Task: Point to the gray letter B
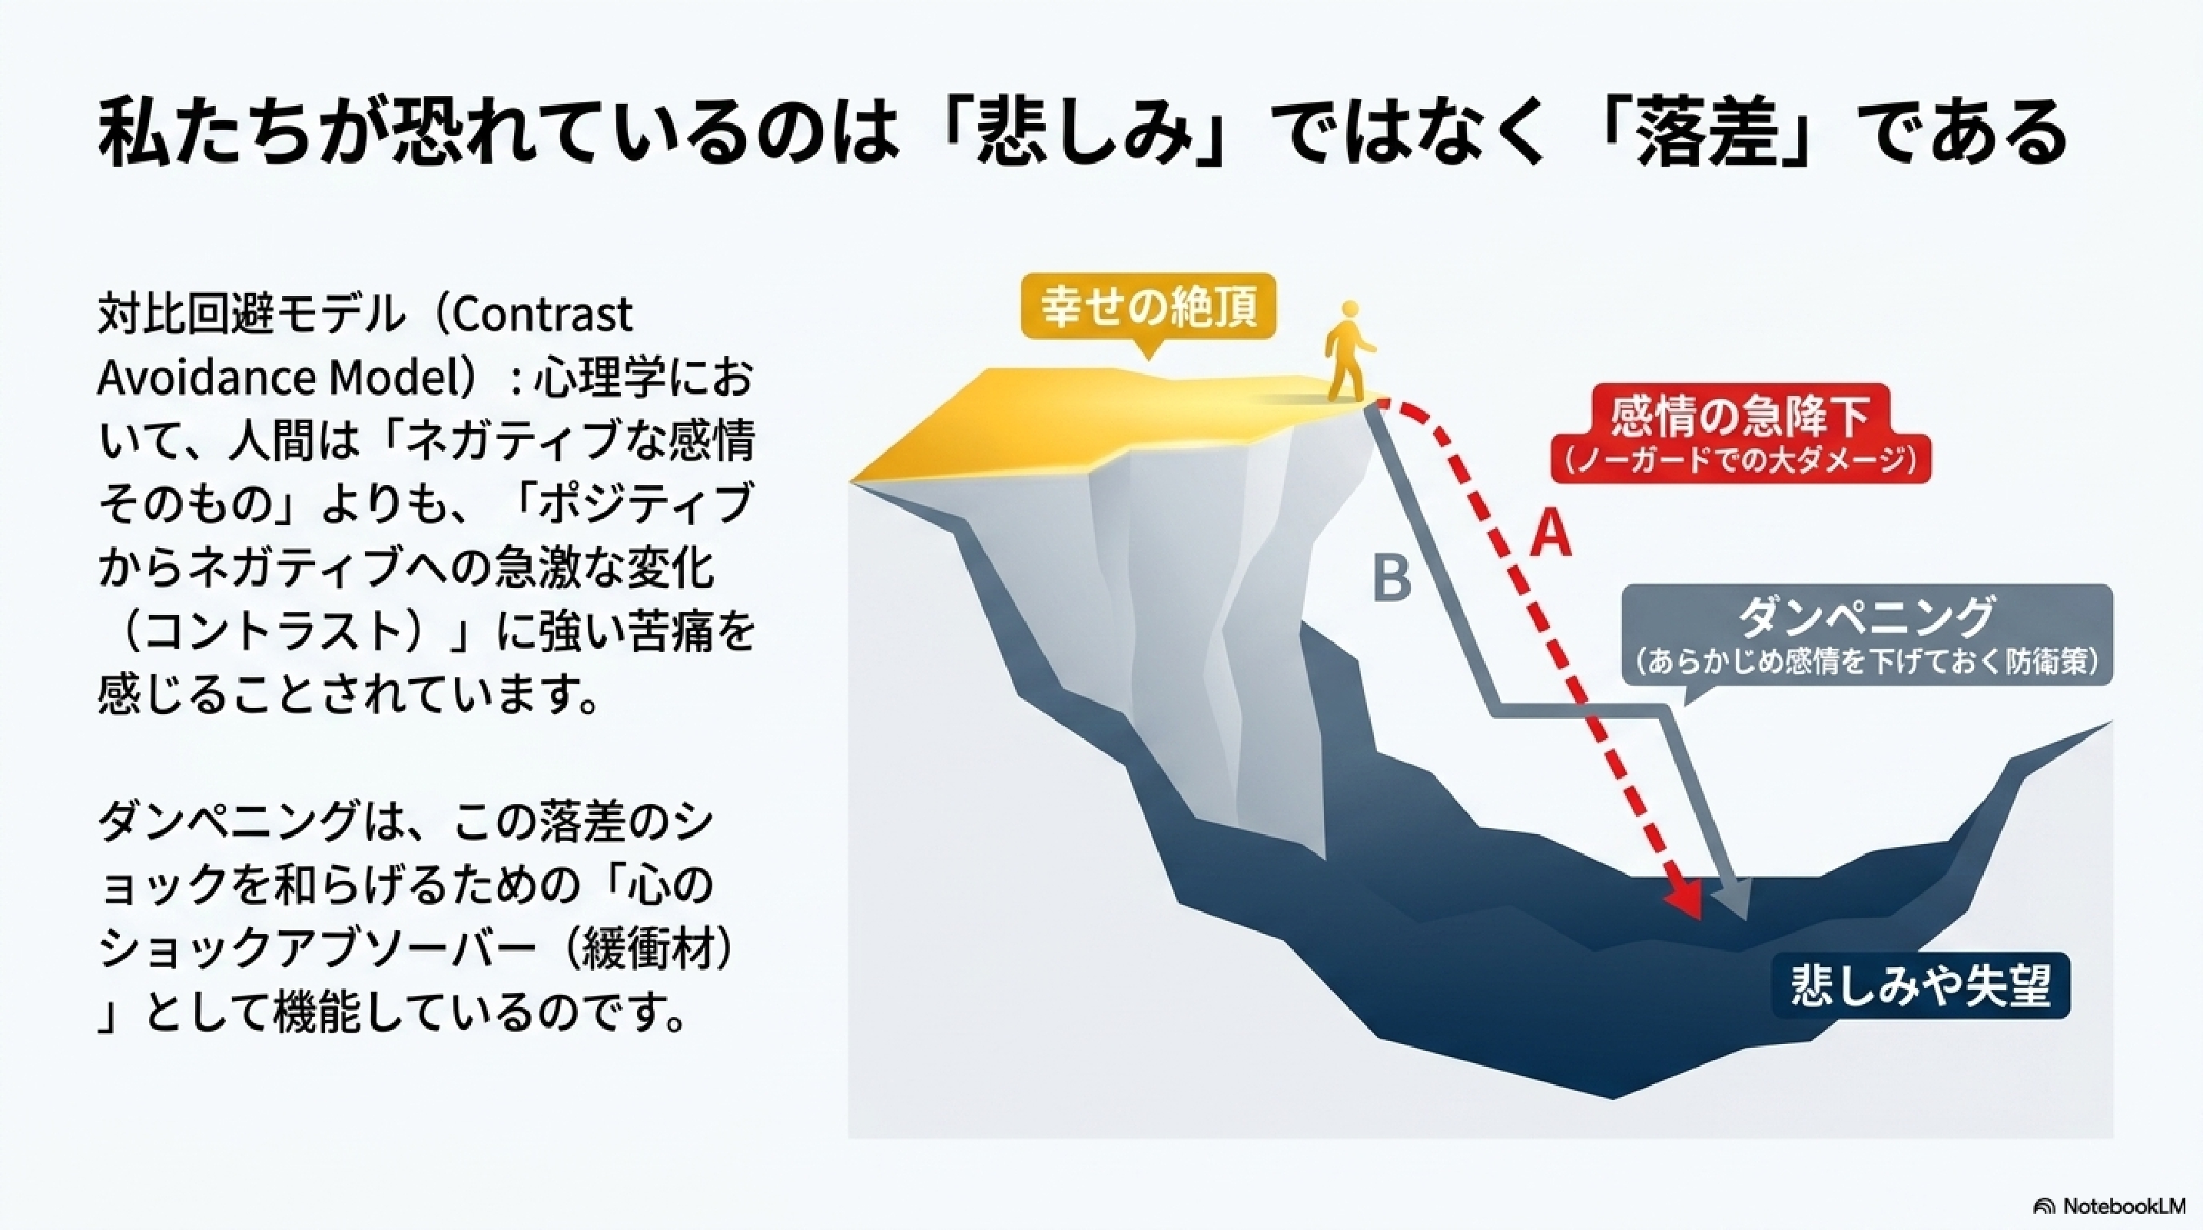[1392, 577]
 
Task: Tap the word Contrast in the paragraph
[540, 314]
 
